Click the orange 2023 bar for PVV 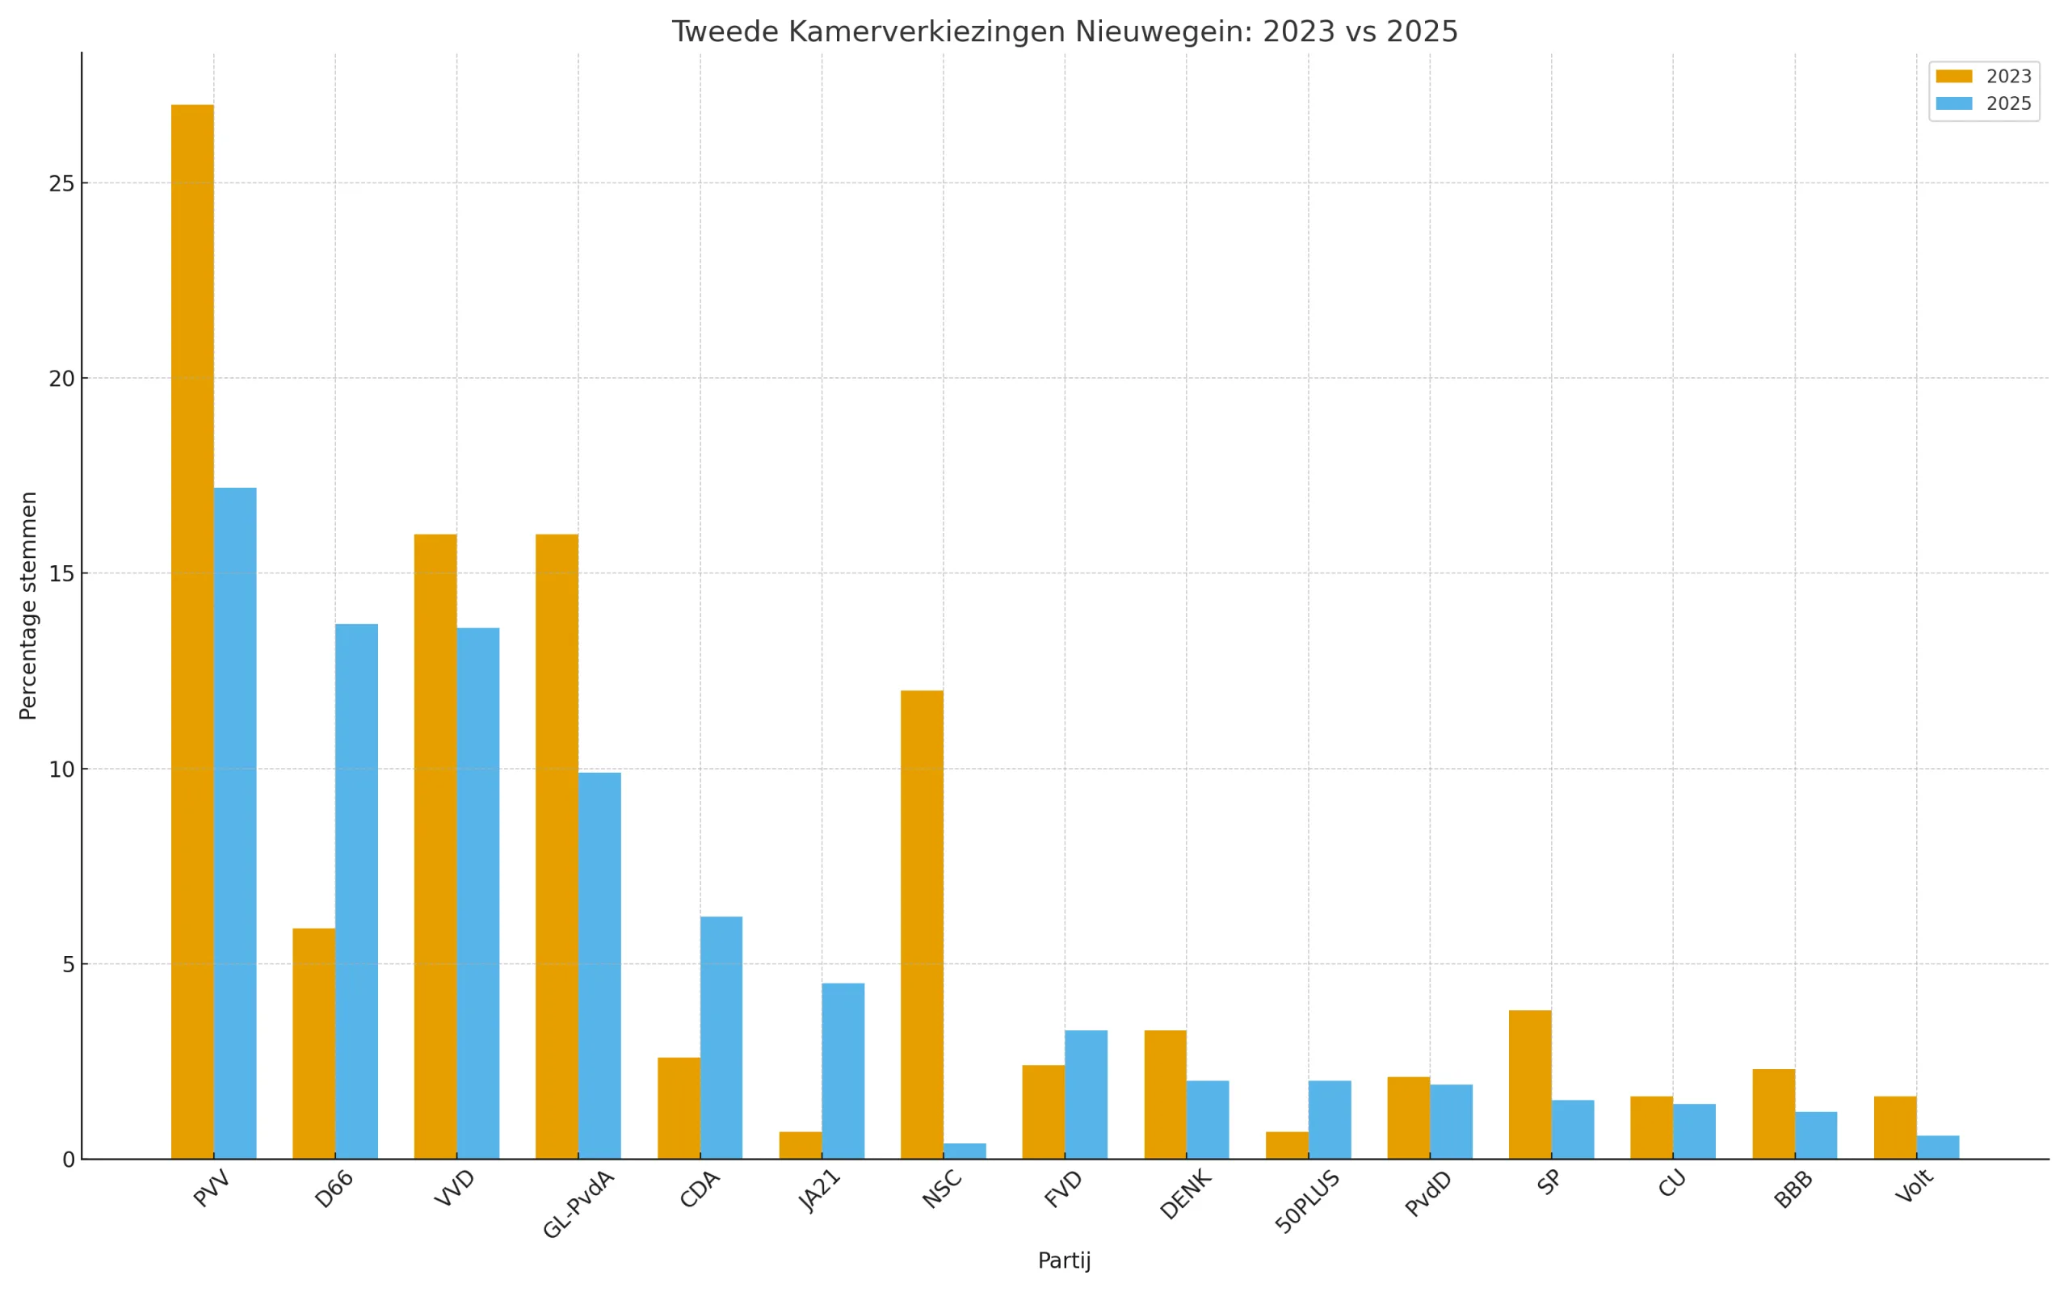click(192, 631)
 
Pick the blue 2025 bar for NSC click(965, 1151)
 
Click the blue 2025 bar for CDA click(721, 1038)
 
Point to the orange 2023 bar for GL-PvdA click(557, 846)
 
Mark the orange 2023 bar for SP click(1530, 1084)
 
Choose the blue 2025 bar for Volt click(1937, 1147)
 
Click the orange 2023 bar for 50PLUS click(1287, 1145)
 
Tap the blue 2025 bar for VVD click(477, 893)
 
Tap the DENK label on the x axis click(1185, 1194)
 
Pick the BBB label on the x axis click(1793, 1190)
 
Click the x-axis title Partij click(1064, 1261)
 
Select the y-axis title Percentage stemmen click(28, 605)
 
